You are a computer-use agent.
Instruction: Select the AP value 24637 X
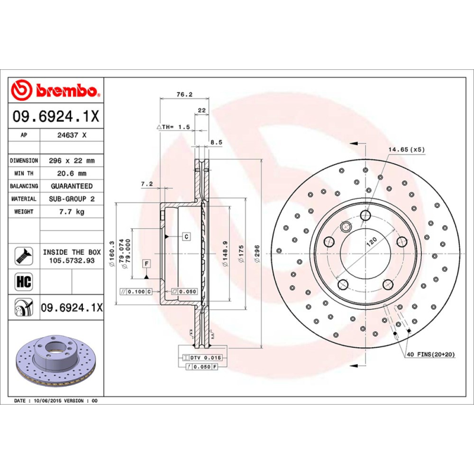[x=72, y=135]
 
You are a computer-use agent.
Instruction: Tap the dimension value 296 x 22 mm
[x=72, y=161]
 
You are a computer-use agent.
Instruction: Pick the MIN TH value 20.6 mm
[x=72, y=174]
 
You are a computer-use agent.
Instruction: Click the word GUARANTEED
[x=72, y=186]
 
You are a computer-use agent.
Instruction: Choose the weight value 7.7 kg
[x=72, y=212]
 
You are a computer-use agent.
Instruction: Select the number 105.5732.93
[x=72, y=260]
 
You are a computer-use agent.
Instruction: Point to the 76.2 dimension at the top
[x=184, y=94]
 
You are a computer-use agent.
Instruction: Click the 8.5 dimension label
[x=216, y=142]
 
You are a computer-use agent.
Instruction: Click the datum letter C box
[x=186, y=236]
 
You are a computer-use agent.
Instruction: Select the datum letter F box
[x=145, y=262]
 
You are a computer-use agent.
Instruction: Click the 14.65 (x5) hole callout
[x=406, y=149]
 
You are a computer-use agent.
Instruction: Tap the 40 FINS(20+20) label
[x=431, y=354]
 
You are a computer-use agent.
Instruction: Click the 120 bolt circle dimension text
[x=371, y=241]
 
